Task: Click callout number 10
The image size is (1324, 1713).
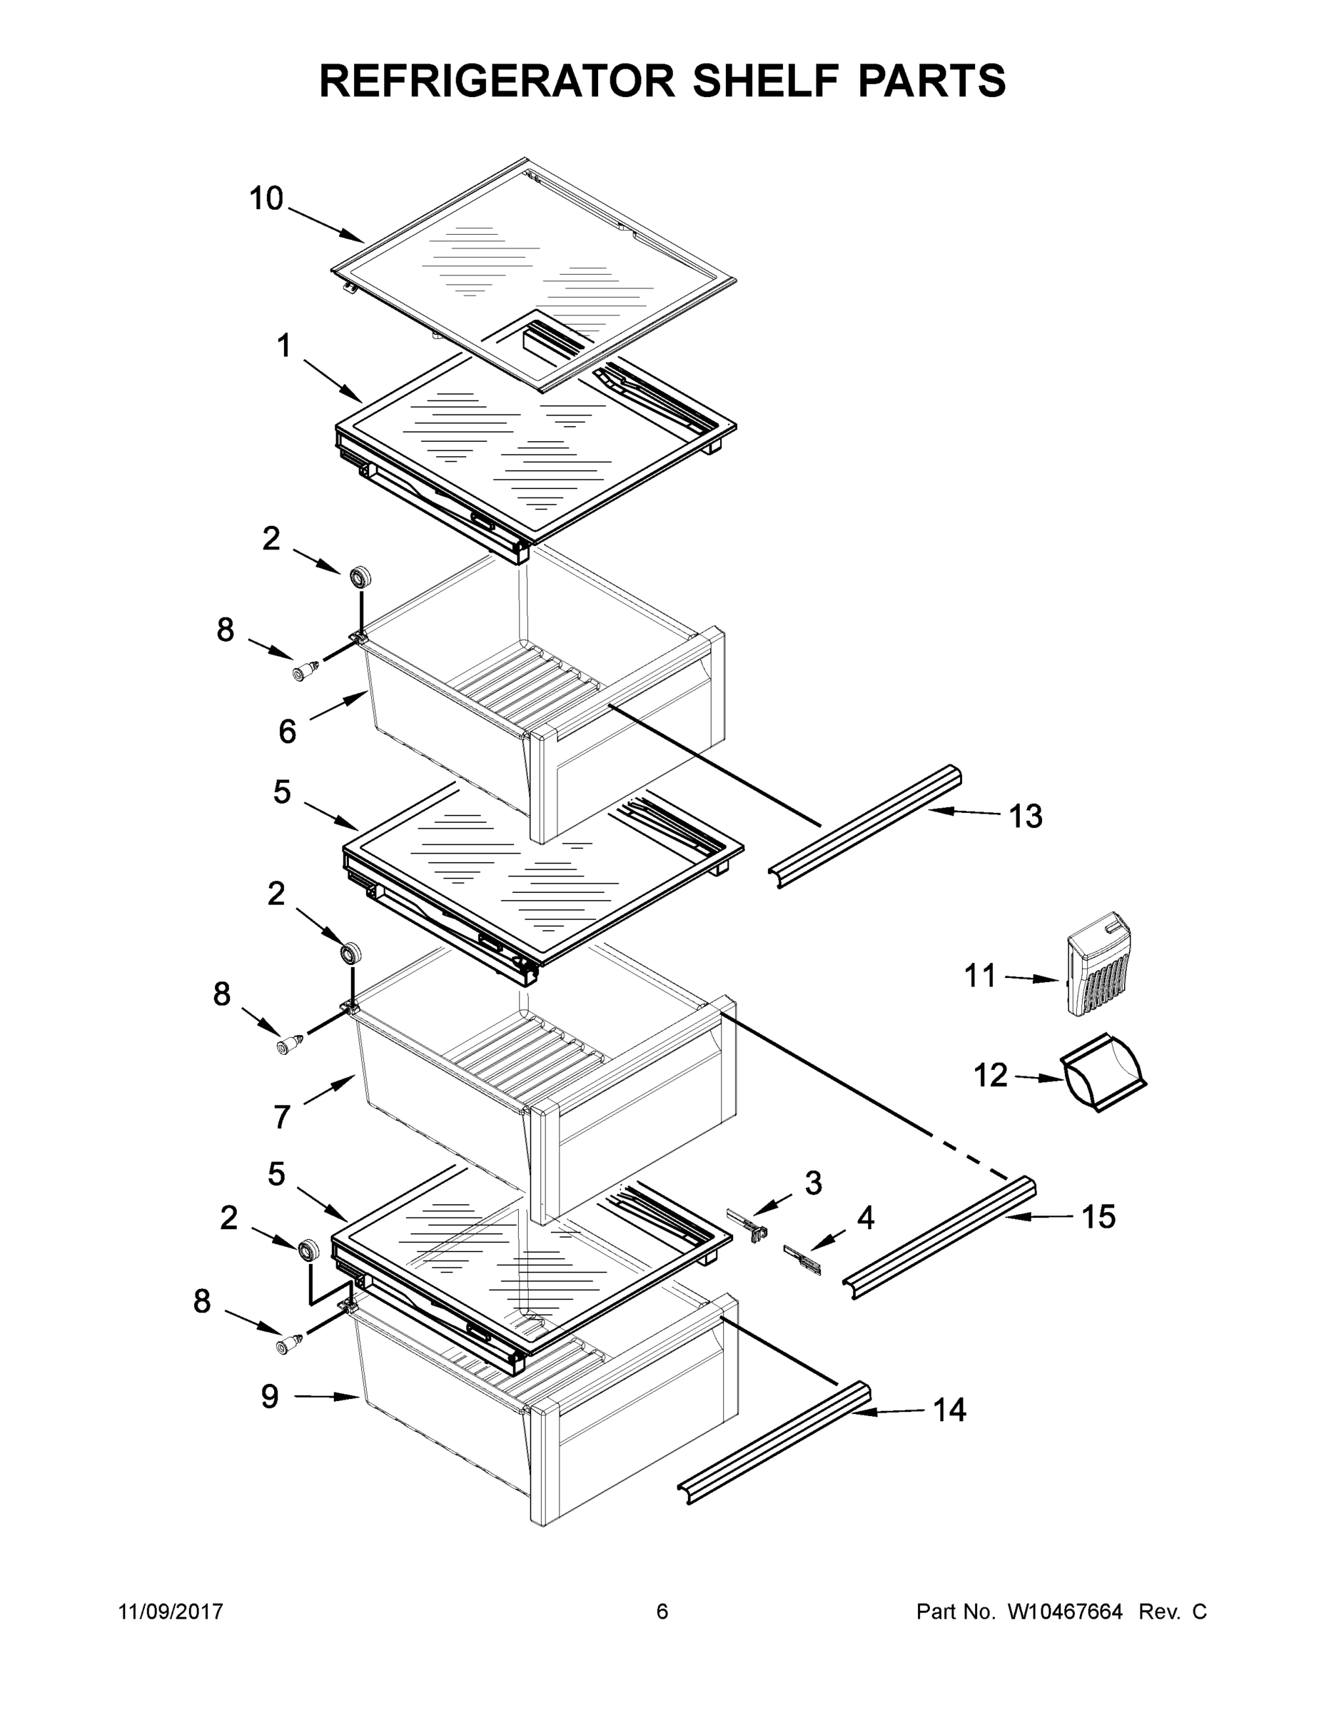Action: point(266,198)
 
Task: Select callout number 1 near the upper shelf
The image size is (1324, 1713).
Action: point(283,345)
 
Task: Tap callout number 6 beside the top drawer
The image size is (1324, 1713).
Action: point(288,732)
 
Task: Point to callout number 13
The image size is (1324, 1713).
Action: point(1025,816)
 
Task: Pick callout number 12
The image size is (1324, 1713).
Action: point(990,1076)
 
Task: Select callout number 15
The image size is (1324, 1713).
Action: point(1098,1216)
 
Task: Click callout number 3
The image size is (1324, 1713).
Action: point(814,1183)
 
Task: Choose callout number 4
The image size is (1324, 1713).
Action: point(865,1217)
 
